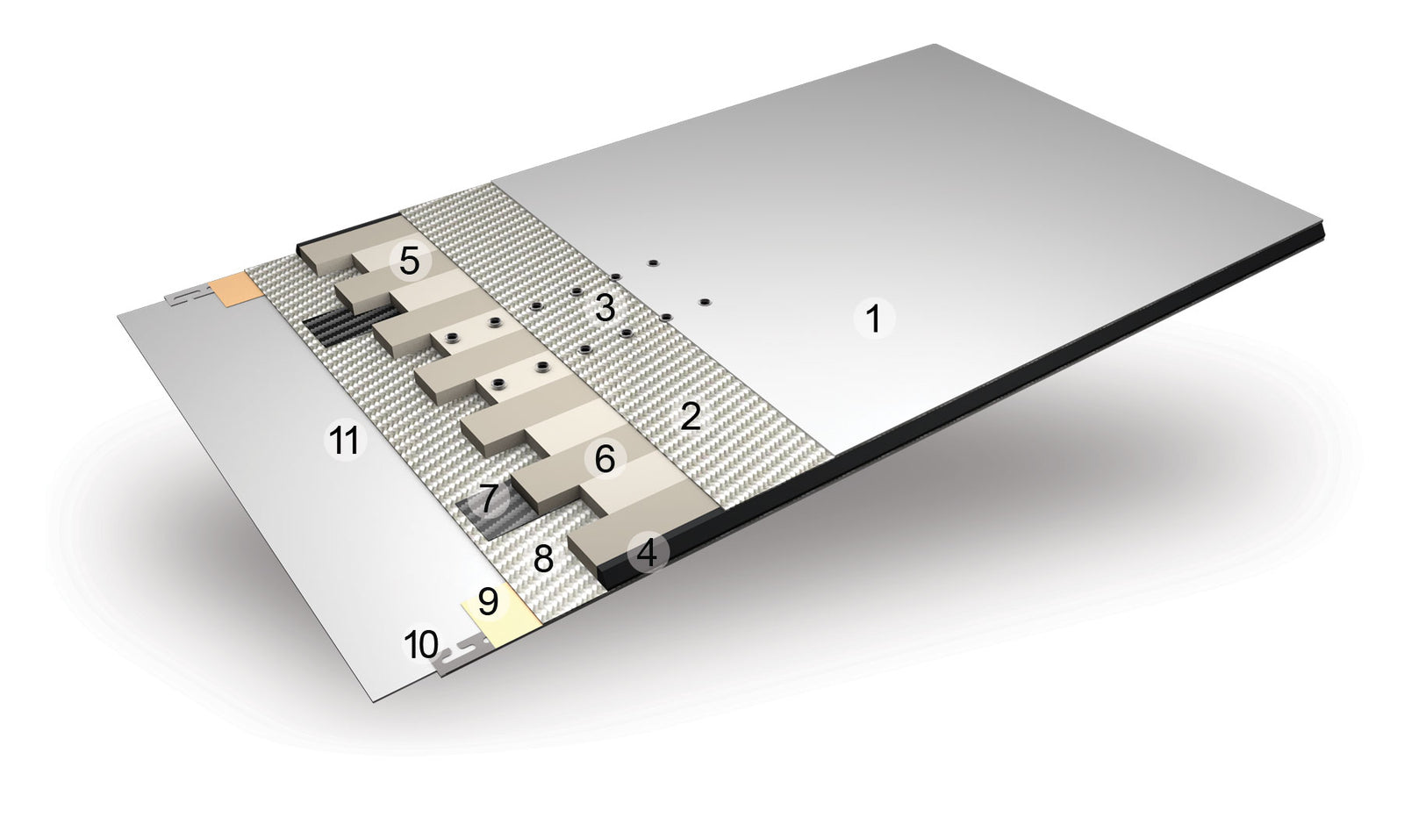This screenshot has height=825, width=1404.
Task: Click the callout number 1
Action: (874, 318)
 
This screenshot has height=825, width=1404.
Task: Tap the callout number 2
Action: (690, 416)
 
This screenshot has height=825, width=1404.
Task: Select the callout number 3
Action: (605, 308)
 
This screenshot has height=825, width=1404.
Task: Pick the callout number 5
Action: (409, 261)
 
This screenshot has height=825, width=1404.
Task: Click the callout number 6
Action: (605, 460)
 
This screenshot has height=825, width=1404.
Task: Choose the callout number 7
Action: (488, 499)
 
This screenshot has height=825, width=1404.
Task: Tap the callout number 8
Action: (543, 558)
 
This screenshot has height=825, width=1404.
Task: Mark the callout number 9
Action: (488, 600)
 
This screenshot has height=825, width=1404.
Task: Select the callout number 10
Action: (421, 644)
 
